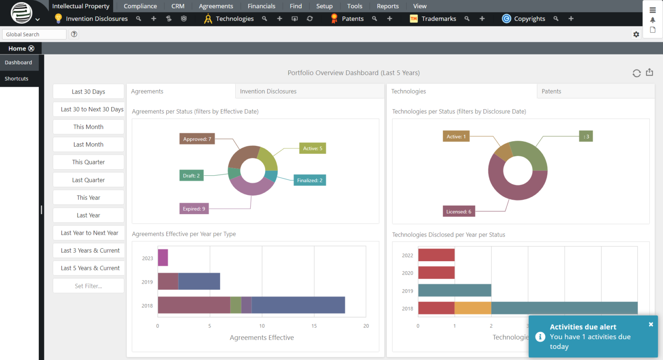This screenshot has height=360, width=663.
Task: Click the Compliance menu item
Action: [140, 6]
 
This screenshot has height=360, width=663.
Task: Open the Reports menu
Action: [387, 6]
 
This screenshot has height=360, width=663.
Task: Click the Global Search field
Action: [34, 35]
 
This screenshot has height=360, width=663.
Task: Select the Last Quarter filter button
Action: [88, 180]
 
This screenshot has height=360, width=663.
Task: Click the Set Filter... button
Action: [88, 286]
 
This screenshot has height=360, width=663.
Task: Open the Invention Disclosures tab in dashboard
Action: [268, 92]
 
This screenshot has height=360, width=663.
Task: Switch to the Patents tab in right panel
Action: [551, 92]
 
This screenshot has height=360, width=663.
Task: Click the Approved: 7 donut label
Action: [197, 139]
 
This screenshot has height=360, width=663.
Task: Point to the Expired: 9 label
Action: [194, 209]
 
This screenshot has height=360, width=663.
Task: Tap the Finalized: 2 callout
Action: [309, 180]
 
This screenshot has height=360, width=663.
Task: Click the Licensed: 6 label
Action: [458, 212]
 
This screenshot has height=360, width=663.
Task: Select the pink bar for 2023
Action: [163, 258]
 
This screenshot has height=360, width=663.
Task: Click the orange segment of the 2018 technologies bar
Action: [473, 308]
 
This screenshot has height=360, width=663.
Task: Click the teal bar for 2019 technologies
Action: [455, 291]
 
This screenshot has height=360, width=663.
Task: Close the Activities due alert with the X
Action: [650, 324]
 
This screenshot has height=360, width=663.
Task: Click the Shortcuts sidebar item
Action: [16, 79]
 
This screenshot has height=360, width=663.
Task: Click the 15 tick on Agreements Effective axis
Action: [314, 326]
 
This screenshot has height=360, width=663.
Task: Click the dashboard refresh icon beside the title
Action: [636, 73]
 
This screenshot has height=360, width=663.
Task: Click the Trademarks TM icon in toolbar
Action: [414, 19]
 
